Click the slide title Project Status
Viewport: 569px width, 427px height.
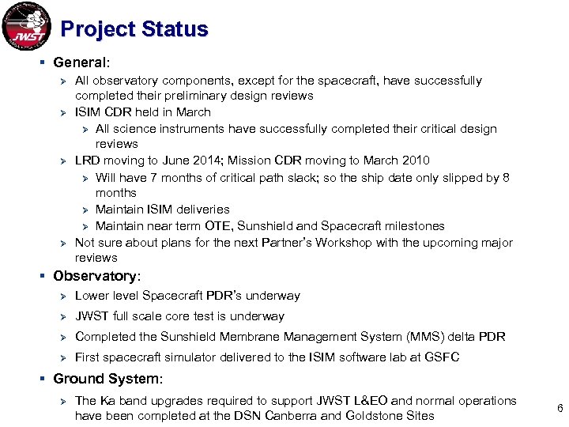tap(134, 29)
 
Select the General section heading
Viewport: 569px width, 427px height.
tap(80, 62)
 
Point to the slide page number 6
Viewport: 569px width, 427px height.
tap(560, 409)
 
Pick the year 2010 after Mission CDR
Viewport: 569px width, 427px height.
tap(416, 161)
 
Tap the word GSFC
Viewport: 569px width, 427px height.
tap(443, 357)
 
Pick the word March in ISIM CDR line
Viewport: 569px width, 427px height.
tap(194, 112)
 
